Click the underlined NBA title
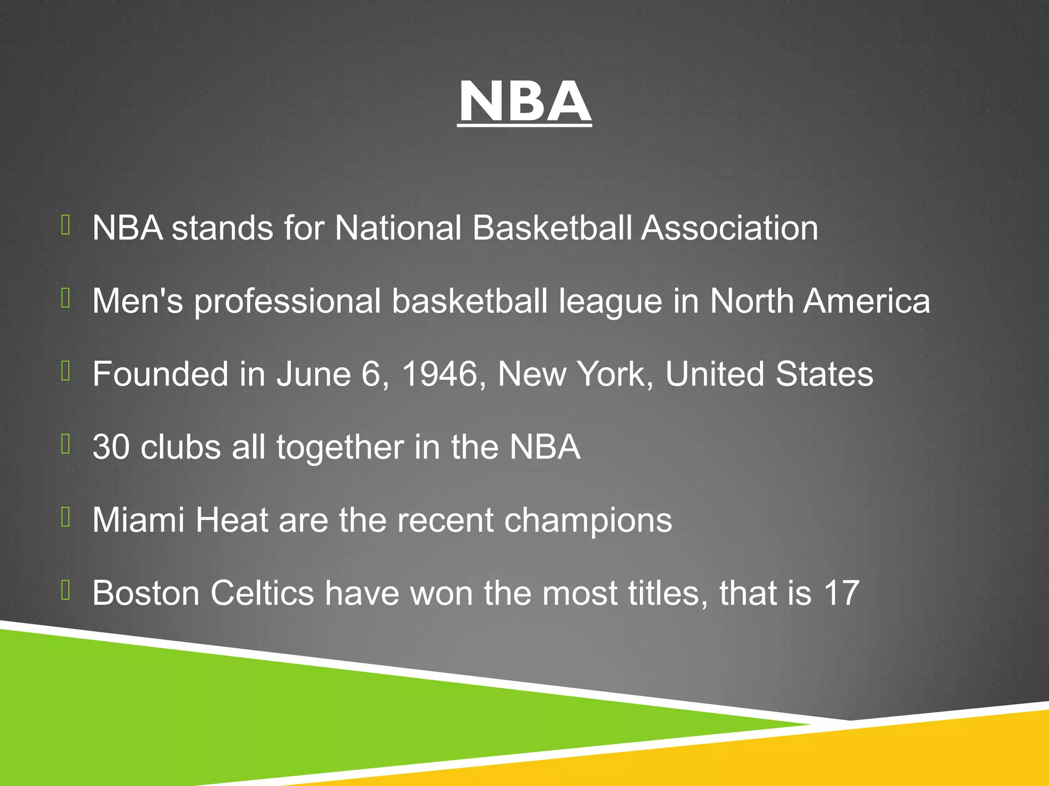(524, 102)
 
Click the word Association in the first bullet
(729, 228)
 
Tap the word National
(397, 228)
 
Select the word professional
(287, 302)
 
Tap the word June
(313, 374)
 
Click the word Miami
(138, 520)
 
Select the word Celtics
(262, 594)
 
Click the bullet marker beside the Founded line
(66, 370)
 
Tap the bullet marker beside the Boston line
(66, 589)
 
